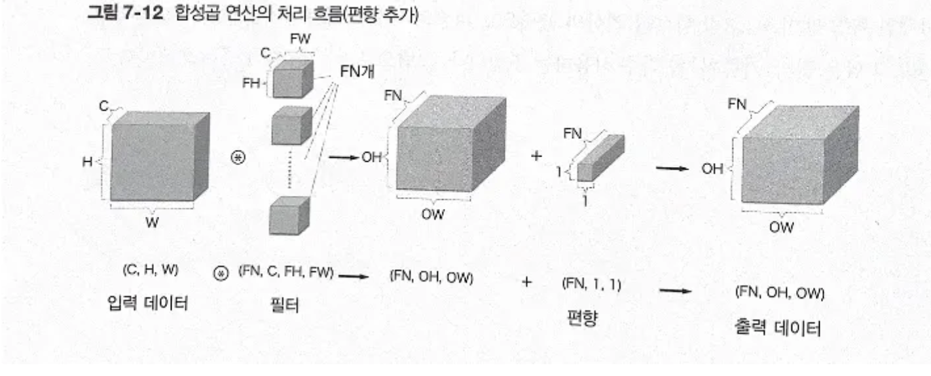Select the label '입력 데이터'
[149, 303]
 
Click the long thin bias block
[599, 159]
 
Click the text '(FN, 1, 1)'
[591, 284]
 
